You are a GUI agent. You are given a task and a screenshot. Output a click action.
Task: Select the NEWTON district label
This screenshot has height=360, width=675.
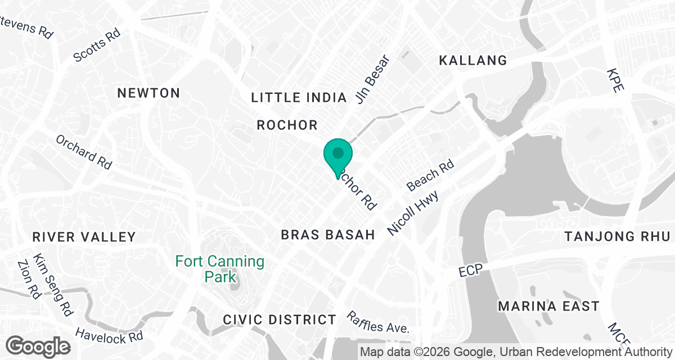(148, 93)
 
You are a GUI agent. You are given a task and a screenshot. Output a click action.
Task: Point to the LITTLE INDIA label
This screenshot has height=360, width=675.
(299, 98)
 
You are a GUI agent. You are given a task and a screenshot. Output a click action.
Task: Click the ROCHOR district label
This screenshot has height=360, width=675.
(287, 125)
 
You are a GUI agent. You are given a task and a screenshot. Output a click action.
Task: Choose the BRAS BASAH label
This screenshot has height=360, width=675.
(328, 235)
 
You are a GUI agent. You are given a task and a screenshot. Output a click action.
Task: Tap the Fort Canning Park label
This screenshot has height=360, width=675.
(219, 269)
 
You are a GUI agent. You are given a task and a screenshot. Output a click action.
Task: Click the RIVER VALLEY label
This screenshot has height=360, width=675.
(84, 237)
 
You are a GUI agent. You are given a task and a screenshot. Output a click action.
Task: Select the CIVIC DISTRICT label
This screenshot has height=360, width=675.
(280, 320)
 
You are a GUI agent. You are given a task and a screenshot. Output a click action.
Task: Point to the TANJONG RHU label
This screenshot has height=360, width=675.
(618, 236)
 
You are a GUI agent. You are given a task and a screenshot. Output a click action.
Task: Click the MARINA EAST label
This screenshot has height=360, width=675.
(548, 307)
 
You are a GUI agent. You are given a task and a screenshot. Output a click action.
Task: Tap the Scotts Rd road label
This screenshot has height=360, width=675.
(97, 46)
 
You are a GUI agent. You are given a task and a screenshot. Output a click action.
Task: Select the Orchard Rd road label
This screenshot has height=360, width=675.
(84, 152)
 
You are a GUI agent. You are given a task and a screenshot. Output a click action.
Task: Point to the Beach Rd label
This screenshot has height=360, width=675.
(430, 175)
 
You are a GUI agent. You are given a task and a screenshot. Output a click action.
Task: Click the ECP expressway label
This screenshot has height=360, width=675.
(470, 271)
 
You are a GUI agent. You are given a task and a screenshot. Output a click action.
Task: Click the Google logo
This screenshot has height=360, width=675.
(38, 346)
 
